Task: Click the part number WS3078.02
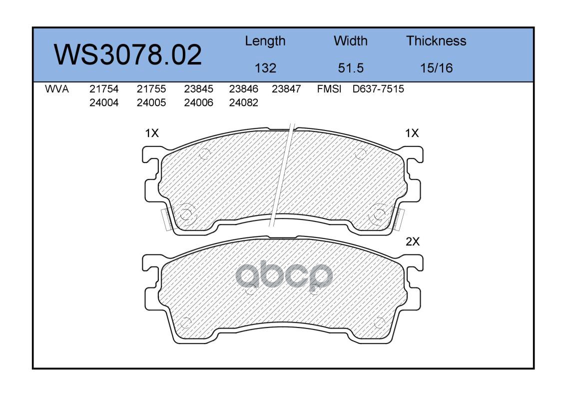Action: (x=128, y=54)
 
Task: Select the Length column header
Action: (x=265, y=41)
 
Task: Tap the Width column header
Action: (x=350, y=40)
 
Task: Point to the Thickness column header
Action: (x=436, y=40)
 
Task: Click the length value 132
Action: (x=265, y=68)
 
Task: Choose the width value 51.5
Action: (x=350, y=68)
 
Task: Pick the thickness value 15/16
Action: (x=436, y=68)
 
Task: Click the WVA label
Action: (x=57, y=89)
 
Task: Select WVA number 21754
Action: (x=104, y=89)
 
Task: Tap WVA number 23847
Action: (x=286, y=89)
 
